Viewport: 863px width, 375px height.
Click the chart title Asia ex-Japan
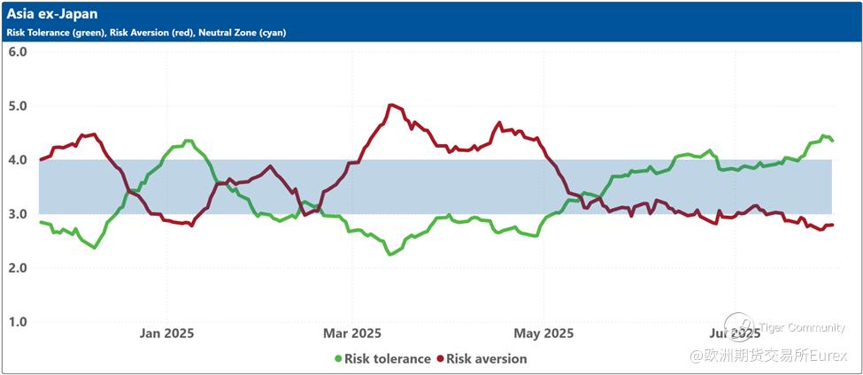point(52,14)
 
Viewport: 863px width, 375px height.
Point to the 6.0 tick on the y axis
point(18,51)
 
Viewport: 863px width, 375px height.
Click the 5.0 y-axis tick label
point(18,105)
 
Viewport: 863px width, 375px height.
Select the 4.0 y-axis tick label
point(18,159)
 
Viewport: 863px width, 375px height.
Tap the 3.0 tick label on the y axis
point(18,213)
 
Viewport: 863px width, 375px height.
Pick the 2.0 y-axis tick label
point(18,267)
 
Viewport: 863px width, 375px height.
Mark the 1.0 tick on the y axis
point(18,321)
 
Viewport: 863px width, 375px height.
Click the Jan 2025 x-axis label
point(167,333)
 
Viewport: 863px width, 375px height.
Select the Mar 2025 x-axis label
point(352,333)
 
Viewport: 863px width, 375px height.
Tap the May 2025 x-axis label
point(544,333)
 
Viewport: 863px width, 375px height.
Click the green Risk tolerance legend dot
point(338,359)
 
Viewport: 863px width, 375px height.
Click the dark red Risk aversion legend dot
point(440,359)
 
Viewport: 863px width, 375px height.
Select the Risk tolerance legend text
point(388,359)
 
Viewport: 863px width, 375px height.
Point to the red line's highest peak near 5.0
point(391,104)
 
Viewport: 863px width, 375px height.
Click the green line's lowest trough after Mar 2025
point(389,254)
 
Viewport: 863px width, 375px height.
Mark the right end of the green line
point(832,141)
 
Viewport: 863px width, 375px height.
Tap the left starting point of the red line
point(41,159)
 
